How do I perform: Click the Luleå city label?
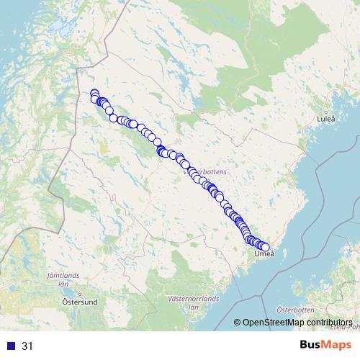tap(326, 117)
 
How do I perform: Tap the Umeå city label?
tap(264, 254)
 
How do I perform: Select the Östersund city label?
tap(80, 302)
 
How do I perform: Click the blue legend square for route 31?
tap(11, 346)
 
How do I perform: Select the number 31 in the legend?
tap(27, 346)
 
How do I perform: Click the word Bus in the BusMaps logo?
tap(310, 346)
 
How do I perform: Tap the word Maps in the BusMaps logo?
tap(337, 346)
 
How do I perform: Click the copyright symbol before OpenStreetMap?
tap(238, 323)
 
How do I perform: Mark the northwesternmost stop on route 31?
tap(94, 93)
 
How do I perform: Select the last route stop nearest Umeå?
tap(265, 247)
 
